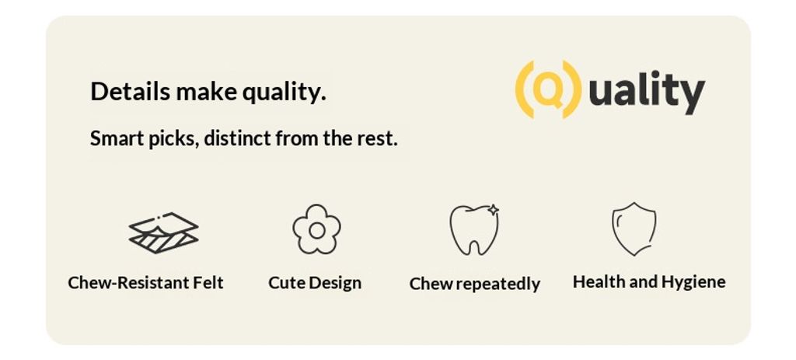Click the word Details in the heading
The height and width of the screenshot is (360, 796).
(x=131, y=92)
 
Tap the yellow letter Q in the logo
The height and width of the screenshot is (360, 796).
(x=548, y=90)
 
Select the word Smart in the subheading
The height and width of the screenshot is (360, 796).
(x=117, y=138)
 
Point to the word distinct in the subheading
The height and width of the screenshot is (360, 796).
(x=237, y=138)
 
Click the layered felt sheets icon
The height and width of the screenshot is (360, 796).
(x=163, y=233)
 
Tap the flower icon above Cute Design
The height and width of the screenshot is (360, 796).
(x=317, y=229)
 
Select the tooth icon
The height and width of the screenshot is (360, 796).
(x=474, y=230)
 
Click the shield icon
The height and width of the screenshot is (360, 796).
(x=634, y=229)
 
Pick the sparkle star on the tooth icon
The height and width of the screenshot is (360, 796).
(x=493, y=210)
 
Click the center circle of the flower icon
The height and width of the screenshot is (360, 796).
(x=317, y=230)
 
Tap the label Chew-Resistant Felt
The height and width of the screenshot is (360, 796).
(x=145, y=282)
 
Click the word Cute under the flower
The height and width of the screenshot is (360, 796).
(x=286, y=282)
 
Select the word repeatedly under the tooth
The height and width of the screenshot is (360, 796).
(x=498, y=285)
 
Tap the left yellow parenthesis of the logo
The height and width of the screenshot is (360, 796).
(x=525, y=90)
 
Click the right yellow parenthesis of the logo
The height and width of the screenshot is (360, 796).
(x=572, y=90)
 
